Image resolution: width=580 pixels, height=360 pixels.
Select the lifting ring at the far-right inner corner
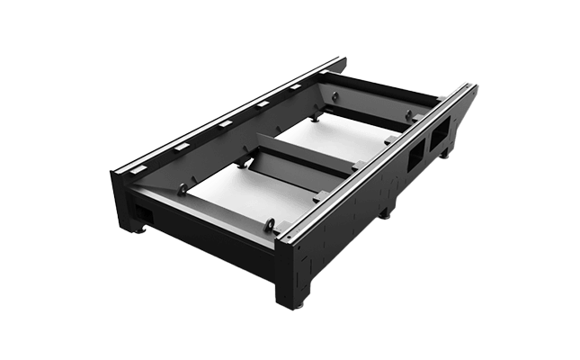click(x=408, y=114)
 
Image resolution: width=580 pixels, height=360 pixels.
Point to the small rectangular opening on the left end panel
click(x=141, y=208)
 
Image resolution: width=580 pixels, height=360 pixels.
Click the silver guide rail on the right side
click(x=378, y=161)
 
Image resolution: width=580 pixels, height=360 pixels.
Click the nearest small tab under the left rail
click(x=183, y=145)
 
